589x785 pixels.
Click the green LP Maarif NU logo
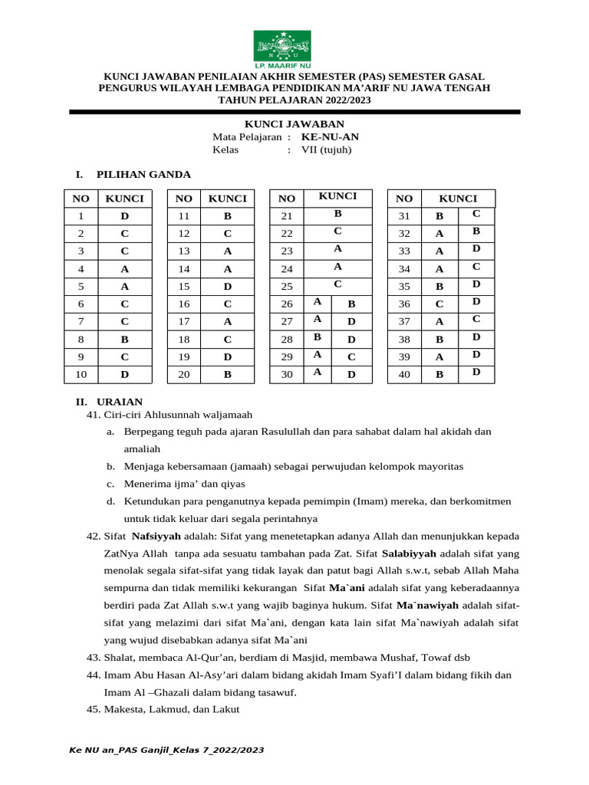pyautogui.click(x=282, y=46)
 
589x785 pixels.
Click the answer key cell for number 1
pyautogui.click(x=124, y=216)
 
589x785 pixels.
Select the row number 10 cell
pyautogui.click(x=81, y=374)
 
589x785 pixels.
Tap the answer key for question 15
pyautogui.click(x=227, y=286)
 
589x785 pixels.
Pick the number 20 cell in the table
pyautogui.click(x=183, y=374)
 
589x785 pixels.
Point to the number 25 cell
pyautogui.click(x=287, y=286)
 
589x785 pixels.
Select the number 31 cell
pyautogui.click(x=405, y=216)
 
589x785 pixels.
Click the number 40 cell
pyautogui.click(x=405, y=374)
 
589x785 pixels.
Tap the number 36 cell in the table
pyautogui.click(x=405, y=304)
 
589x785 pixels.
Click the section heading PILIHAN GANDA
pyautogui.click(x=143, y=175)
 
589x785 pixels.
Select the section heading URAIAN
pyautogui.click(x=119, y=402)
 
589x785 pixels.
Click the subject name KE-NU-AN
pyautogui.click(x=330, y=137)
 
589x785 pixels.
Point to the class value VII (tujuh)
pyautogui.click(x=326, y=149)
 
